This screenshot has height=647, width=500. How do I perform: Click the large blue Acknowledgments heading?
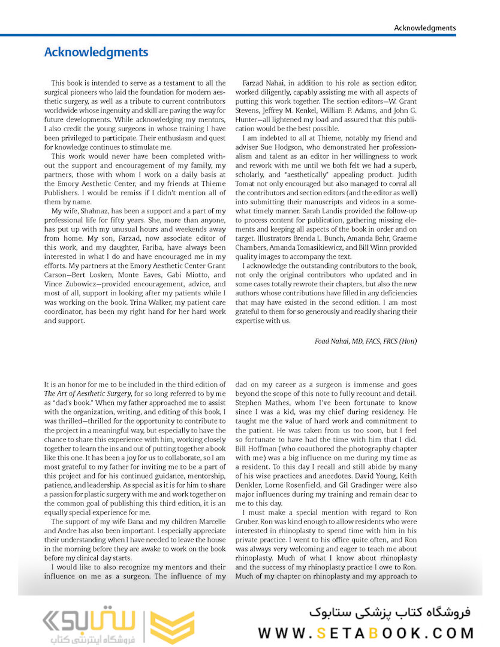pos(96,52)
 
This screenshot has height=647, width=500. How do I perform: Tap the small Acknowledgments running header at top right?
pos(424,28)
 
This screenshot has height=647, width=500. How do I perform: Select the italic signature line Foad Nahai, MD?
pos(365,341)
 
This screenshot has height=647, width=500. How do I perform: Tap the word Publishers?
pos(64,194)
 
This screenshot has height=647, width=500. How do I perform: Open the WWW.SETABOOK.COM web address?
pos(366,633)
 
